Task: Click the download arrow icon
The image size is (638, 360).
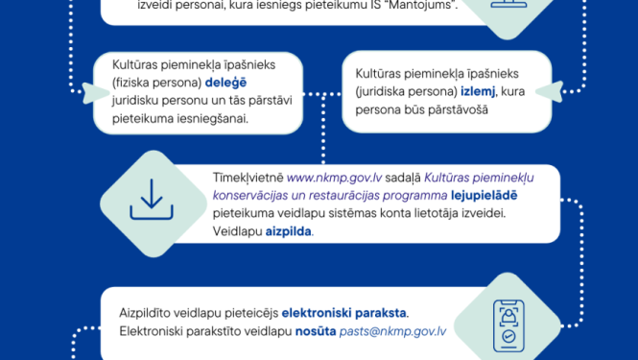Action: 150,201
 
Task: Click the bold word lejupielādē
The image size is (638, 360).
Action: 464,196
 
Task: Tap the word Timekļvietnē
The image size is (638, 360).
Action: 248,178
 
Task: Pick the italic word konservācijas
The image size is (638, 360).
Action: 257,196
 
